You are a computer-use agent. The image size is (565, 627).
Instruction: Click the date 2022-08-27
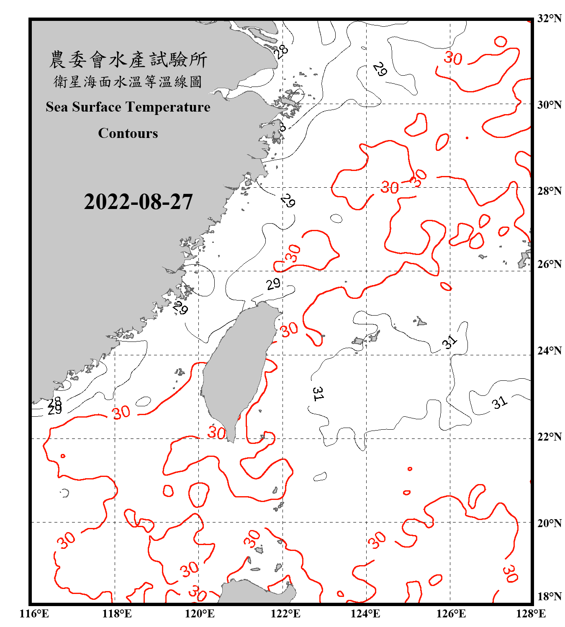(138, 202)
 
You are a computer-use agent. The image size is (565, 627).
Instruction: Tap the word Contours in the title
(128, 133)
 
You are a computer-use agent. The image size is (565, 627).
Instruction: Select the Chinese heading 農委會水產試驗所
(128, 59)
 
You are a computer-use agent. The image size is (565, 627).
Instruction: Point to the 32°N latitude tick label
(549, 18)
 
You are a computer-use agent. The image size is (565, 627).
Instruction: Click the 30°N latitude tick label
(549, 104)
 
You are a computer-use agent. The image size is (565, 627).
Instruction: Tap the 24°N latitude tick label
(549, 350)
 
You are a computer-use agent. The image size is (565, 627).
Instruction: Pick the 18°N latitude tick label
(549, 596)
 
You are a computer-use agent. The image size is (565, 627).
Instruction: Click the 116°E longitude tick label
(34, 614)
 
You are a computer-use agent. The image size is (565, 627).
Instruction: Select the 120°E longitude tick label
(200, 614)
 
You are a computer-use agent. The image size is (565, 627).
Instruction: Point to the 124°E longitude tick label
(365, 614)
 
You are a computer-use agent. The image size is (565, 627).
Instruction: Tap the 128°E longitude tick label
(531, 614)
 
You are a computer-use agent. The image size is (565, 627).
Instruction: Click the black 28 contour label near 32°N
(281, 51)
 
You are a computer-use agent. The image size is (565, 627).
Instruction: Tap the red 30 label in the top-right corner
(453, 58)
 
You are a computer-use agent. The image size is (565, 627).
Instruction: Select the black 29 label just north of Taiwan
(273, 284)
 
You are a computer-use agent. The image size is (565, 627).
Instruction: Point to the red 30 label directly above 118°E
(121, 413)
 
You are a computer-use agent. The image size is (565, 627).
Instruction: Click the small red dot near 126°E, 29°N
(467, 138)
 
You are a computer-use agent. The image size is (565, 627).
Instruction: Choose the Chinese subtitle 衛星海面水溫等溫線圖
(128, 82)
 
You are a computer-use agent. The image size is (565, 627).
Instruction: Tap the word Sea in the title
(57, 107)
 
